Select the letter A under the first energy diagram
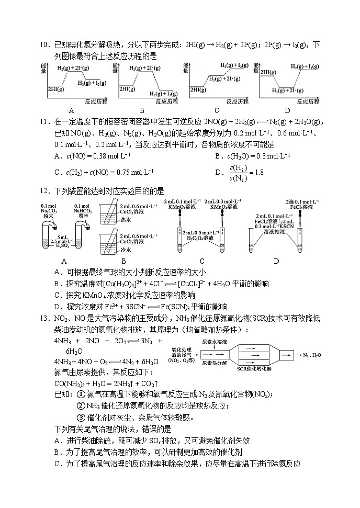pyautogui.click(x=71, y=110)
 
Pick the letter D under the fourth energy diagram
pyautogui.click(x=287, y=110)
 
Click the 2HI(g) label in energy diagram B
pyautogui.click(x=127, y=89)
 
